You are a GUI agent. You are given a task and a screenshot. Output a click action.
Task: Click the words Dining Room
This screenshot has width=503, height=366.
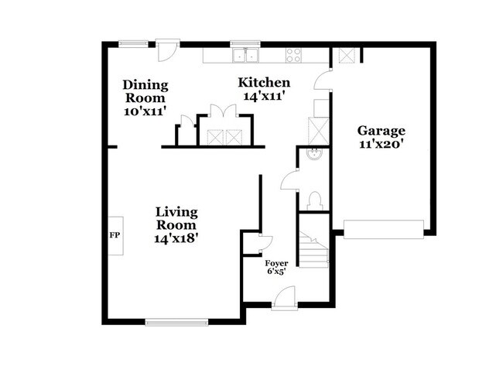point(145,91)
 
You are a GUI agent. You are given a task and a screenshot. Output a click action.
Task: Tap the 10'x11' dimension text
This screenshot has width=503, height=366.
point(145,111)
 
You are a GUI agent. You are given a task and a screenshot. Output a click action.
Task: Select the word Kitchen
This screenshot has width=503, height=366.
point(264,83)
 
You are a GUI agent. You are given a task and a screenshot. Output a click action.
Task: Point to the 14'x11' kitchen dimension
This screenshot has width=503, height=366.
point(265,97)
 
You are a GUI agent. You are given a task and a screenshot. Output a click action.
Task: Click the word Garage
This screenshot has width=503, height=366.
point(380,132)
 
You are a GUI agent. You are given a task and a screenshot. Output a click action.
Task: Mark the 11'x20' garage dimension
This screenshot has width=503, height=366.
point(381,145)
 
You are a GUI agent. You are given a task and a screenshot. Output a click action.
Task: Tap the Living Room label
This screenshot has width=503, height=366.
point(176,217)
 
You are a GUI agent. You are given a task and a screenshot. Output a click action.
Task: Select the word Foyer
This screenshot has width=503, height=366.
point(276,262)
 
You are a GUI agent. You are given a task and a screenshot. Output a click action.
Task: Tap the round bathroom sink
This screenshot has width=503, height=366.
point(314,153)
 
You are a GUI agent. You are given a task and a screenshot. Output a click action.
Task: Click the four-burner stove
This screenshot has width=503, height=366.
point(294,55)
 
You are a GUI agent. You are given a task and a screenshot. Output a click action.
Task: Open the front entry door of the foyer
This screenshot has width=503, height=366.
point(285,296)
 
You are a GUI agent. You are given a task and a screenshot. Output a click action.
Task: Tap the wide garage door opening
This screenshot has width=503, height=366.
point(383,228)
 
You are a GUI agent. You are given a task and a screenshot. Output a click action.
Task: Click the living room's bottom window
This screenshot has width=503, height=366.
point(176,320)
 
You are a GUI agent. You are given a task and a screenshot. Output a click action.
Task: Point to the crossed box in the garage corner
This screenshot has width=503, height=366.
point(344,56)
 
